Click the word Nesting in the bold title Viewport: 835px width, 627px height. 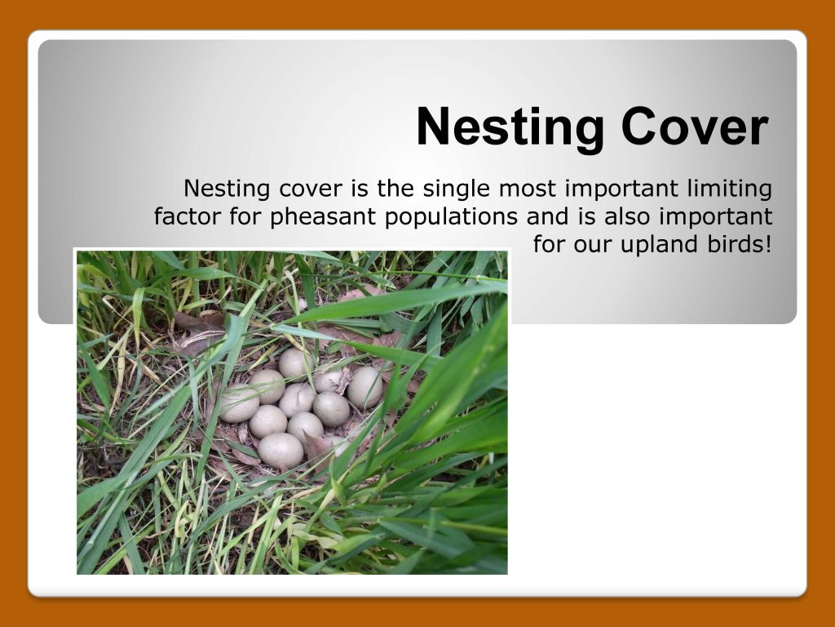(x=510, y=127)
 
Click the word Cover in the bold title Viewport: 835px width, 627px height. (x=695, y=127)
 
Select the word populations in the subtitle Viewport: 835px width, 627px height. (x=451, y=217)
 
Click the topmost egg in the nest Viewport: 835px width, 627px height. (x=294, y=363)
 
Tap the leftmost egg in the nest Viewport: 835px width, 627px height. (x=239, y=403)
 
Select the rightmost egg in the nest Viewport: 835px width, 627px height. (x=364, y=386)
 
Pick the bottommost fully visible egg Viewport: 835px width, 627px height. (x=281, y=450)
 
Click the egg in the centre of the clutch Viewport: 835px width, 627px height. (x=297, y=399)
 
